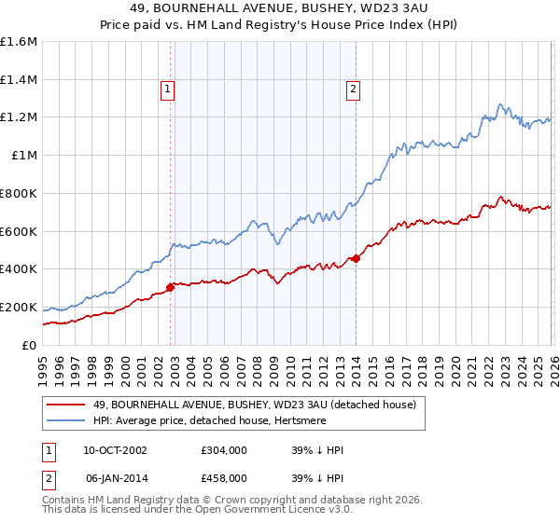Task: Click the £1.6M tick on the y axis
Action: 19,42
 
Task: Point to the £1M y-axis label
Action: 23,156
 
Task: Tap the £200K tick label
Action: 19,307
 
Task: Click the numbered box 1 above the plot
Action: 167,89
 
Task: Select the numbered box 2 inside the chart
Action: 354,89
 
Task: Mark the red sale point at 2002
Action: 170,287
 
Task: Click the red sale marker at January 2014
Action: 356,258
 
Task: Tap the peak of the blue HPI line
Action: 500,104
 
